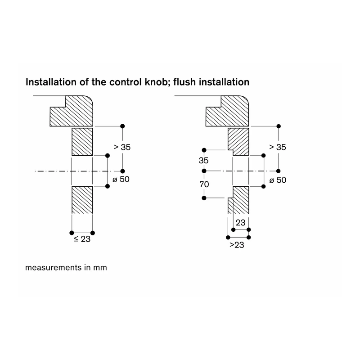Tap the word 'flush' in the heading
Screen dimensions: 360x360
pos(185,82)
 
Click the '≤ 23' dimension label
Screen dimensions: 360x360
pos(82,239)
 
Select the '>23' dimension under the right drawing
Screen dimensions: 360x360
pos(237,245)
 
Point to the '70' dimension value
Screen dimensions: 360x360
pos(204,184)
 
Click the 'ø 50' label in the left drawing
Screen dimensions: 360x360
pos(121,179)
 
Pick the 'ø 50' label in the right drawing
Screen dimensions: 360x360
pos(278,180)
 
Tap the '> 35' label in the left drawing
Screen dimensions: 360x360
pos(122,147)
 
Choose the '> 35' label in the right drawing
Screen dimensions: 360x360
pos(278,147)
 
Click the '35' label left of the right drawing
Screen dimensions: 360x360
pos(204,161)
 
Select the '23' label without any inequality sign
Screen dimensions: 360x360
pos(241,222)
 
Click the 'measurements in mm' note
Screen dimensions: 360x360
pos(66,268)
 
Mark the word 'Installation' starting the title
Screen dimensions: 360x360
pos(51,82)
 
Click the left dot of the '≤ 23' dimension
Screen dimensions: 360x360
pos(72,233)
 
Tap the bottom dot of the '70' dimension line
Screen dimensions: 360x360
pos(204,198)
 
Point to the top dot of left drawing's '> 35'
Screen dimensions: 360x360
pos(122,126)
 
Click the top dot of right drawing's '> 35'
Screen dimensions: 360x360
pos(279,126)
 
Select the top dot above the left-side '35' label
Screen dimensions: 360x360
pos(204,150)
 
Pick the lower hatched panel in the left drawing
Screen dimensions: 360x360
pos(82,200)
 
